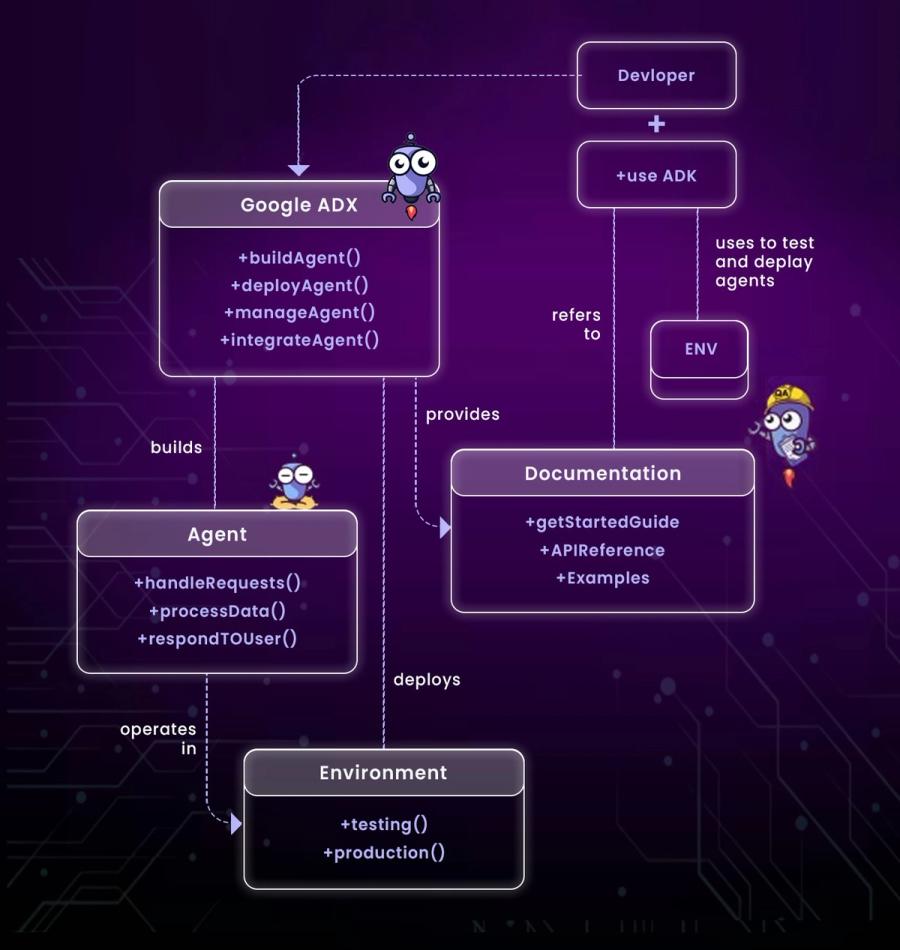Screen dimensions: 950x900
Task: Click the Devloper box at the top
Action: (x=656, y=76)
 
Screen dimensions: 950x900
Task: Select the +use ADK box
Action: (x=656, y=176)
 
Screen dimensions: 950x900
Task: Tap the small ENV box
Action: (x=700, y=350)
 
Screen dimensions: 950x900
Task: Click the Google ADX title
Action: (x=298, y=206)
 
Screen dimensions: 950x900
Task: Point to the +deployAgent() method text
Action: (x=299, y=285)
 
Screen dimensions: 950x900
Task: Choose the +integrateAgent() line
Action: (x=299, y=339)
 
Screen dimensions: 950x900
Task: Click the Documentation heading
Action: (x=602, y=474)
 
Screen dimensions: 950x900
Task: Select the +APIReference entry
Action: (x=602, y=550)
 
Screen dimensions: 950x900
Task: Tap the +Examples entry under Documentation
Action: (x=602, y=578)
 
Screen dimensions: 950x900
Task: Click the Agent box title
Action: (x=217, y=535)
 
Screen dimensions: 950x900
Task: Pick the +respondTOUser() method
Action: (x=217, y=638)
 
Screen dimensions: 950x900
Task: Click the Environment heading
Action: (x=383, y=773)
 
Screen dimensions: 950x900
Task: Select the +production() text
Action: (x=383, y=852)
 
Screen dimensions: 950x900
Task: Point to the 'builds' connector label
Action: (x=176, y=447)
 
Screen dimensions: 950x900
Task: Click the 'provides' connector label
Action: (x=462, y=414)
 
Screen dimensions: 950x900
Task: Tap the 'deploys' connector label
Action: (x=427, y=680)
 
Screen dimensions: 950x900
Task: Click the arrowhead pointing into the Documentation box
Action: (x=445, y=527)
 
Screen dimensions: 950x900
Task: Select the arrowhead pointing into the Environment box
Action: (x=236, y=824)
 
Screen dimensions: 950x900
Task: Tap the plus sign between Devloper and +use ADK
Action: (x=656, y=125)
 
